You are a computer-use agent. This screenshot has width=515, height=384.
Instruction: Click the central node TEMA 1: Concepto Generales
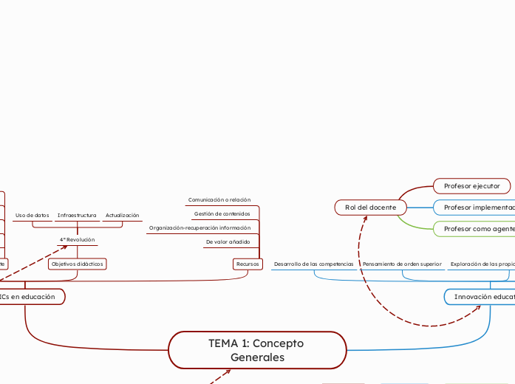coord(257,350)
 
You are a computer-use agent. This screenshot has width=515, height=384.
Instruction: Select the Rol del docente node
coord(370,208)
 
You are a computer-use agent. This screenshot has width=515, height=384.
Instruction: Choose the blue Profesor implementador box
coord(477,208)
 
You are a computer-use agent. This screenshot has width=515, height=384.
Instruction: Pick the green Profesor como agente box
coord(477,230)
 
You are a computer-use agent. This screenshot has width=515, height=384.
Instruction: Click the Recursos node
coord(248,264)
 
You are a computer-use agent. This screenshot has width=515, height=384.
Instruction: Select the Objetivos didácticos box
coord(77,264)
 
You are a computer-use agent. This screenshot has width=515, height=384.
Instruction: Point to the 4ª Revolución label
coord(77,239)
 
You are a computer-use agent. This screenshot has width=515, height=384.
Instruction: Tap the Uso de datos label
coord(32,216)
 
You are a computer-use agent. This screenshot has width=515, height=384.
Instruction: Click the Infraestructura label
coord(77,216)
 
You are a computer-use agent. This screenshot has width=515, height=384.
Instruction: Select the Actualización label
coord(122,216)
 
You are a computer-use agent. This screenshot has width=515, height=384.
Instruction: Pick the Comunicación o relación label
coord(219,200)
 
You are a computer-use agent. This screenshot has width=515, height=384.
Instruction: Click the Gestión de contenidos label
coord(222,214)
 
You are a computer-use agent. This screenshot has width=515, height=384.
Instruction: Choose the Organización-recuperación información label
coord(199,228)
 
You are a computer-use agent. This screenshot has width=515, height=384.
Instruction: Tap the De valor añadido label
coord(228,242)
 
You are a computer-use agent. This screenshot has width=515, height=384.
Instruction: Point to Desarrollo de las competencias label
coord(313,264)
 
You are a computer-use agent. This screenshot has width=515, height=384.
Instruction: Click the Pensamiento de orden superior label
coord(402,264)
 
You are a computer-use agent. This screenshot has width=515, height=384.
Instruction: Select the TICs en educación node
coord(28,296)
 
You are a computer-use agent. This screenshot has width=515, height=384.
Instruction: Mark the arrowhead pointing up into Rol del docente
coord(365,219)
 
